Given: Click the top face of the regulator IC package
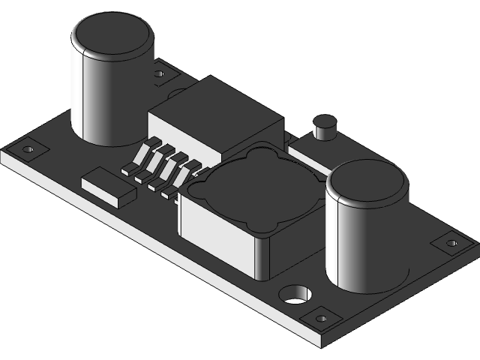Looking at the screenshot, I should click(x=217, y=109).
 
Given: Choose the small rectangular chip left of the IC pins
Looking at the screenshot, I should click(x=109, y=187).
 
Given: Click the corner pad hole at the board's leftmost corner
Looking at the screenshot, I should click(x=28, y=149).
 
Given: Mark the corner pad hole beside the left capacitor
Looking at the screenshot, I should click(x=159, y=74).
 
